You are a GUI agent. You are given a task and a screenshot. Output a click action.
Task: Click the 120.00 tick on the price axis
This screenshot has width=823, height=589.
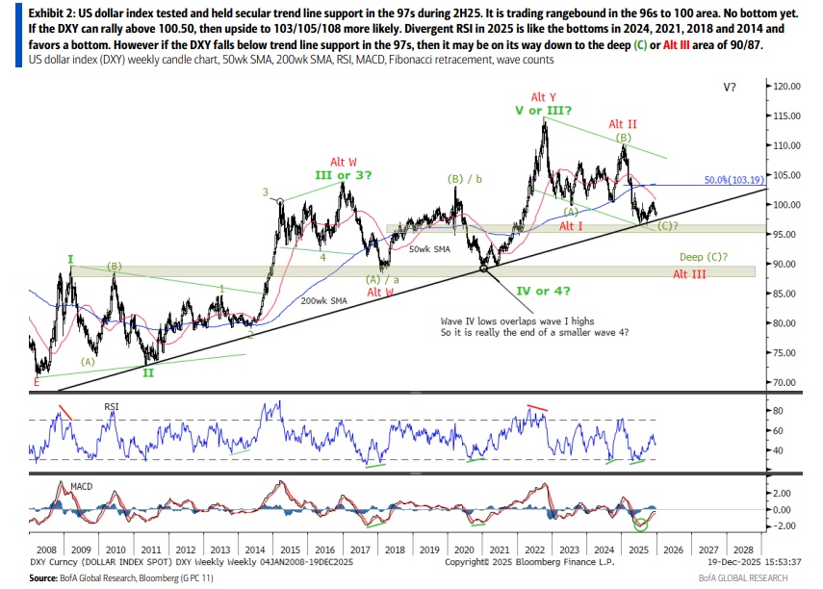coord(787,87)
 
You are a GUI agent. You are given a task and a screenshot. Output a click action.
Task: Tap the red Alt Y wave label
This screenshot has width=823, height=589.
coord(545,97)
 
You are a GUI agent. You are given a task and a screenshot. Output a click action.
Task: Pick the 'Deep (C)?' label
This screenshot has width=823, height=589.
coord(704,258)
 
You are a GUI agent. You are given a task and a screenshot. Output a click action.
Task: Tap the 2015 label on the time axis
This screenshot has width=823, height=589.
coord(290,549)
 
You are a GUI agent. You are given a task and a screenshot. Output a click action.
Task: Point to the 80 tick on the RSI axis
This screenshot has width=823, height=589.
coord(781,411)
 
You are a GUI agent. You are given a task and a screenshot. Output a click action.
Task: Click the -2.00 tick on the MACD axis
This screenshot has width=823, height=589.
coord(784,526)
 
